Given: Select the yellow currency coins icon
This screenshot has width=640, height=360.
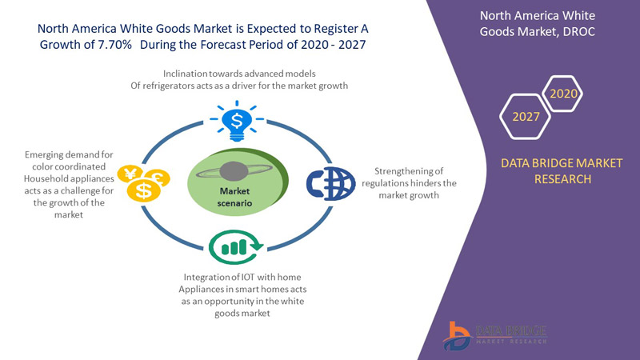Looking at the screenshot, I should click(x=142, y=182).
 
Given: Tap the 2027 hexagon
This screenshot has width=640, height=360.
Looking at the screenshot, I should click(x=526, y=118).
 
